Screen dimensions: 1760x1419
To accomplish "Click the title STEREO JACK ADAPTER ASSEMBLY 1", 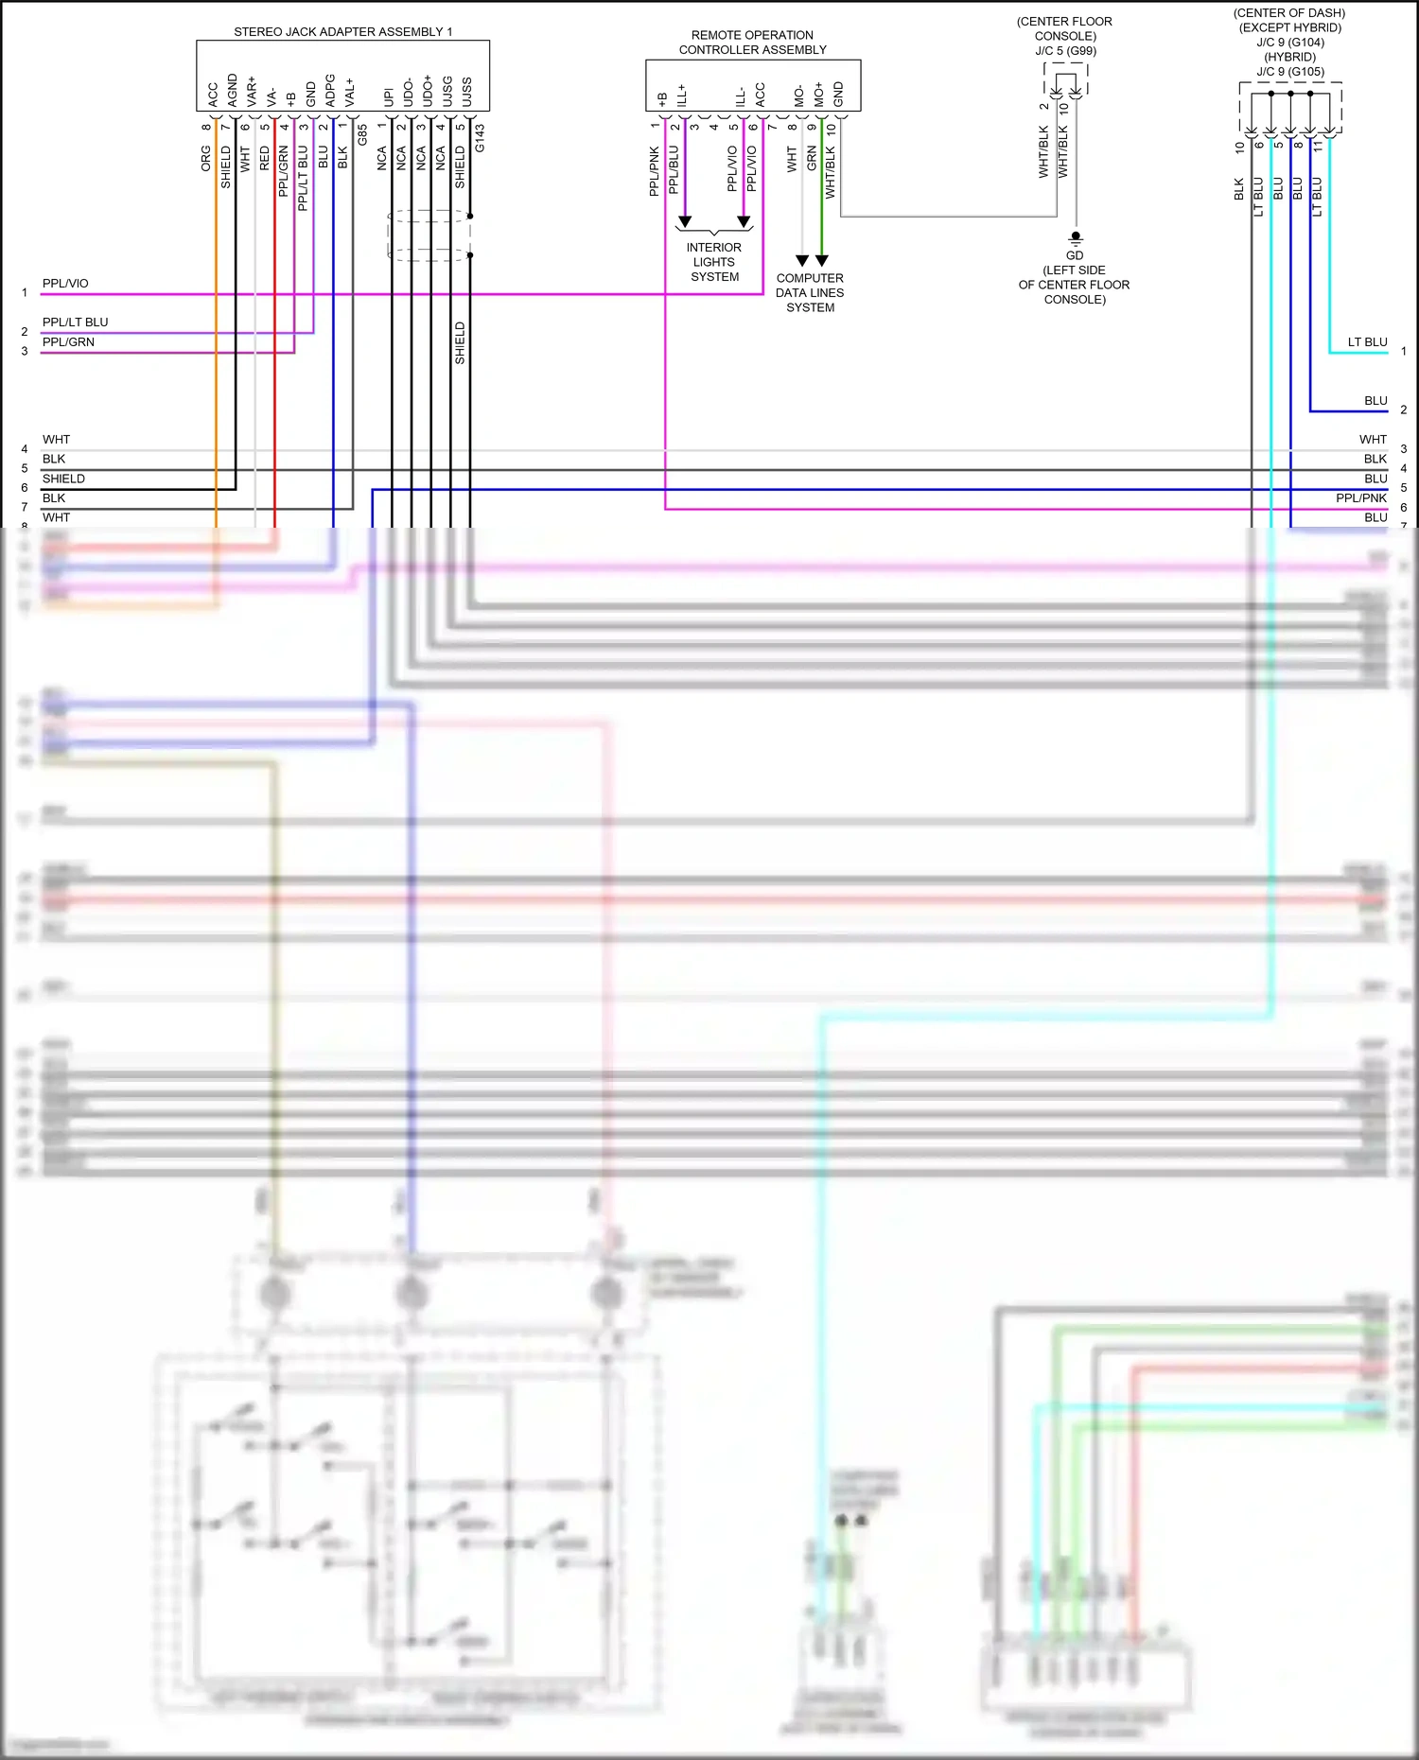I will click(x=342, y=31).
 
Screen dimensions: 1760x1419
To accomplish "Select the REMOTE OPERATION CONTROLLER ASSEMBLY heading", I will click(x=752, y=43).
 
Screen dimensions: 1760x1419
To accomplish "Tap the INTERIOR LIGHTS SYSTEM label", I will click(x=714, y=262).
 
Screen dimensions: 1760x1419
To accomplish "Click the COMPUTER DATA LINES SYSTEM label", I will click(x=810, y=292).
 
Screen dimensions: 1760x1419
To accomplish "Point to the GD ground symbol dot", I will click(x=1075, y=235).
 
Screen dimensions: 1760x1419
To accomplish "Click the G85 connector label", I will click(x=362, y=134).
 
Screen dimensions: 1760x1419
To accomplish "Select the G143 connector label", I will click(x=480, y=138).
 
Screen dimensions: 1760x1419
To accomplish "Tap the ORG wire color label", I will click(x=206, y=158).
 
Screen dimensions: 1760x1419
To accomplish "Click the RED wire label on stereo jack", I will click(x=265, y=158).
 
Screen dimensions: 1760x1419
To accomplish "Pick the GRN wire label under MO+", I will click(x=812, y=158).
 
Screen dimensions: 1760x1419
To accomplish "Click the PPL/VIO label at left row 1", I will click(x=65, y=283).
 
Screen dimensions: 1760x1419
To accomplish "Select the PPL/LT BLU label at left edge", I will click(x=75, y=322).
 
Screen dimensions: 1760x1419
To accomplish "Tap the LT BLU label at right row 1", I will click(x=1367, y=341).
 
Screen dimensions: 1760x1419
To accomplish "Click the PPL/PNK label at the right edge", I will click(x=1360, y=497).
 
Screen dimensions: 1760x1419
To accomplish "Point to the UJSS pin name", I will click(x=466, y=92).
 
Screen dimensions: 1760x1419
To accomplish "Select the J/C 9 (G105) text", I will click(x=1290, y=71).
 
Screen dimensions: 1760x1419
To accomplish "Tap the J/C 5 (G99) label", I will click(x=1065, y=50).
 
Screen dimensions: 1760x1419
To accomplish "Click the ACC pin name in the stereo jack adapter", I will click(x=213, y=94).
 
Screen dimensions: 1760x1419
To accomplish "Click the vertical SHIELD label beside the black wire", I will click(x=460, y=342).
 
